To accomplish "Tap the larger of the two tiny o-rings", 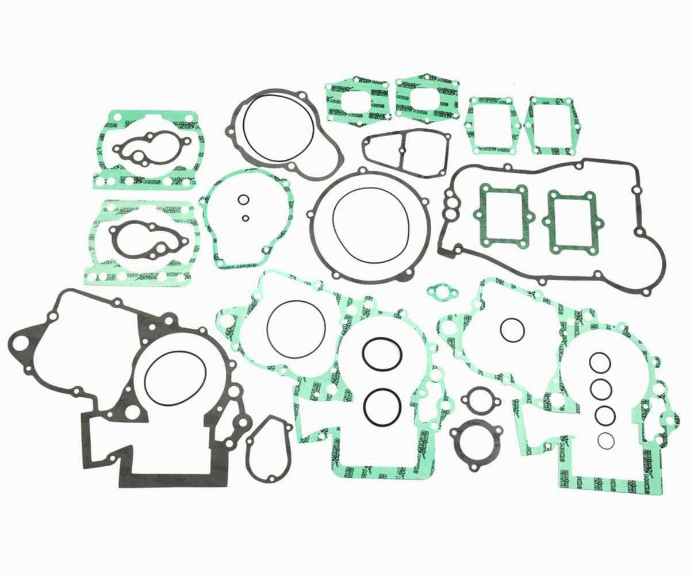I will click(x=243, y=200).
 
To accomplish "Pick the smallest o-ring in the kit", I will click(x=246, y=218).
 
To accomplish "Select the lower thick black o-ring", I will click(x=381, y=406).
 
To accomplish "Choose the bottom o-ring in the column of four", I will click(x=605, y=440).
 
